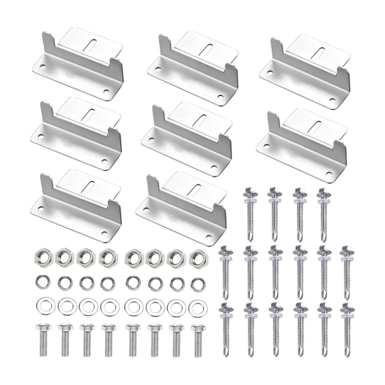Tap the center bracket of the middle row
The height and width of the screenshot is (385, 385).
[x=188, y=133]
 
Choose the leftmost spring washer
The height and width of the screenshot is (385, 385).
[x=40, y=283]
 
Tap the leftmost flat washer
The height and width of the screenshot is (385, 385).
[x=40, y=305]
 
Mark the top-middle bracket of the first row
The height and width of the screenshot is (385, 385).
[x=193, y=63]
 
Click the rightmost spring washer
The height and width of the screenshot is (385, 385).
[x=196, y=283]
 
